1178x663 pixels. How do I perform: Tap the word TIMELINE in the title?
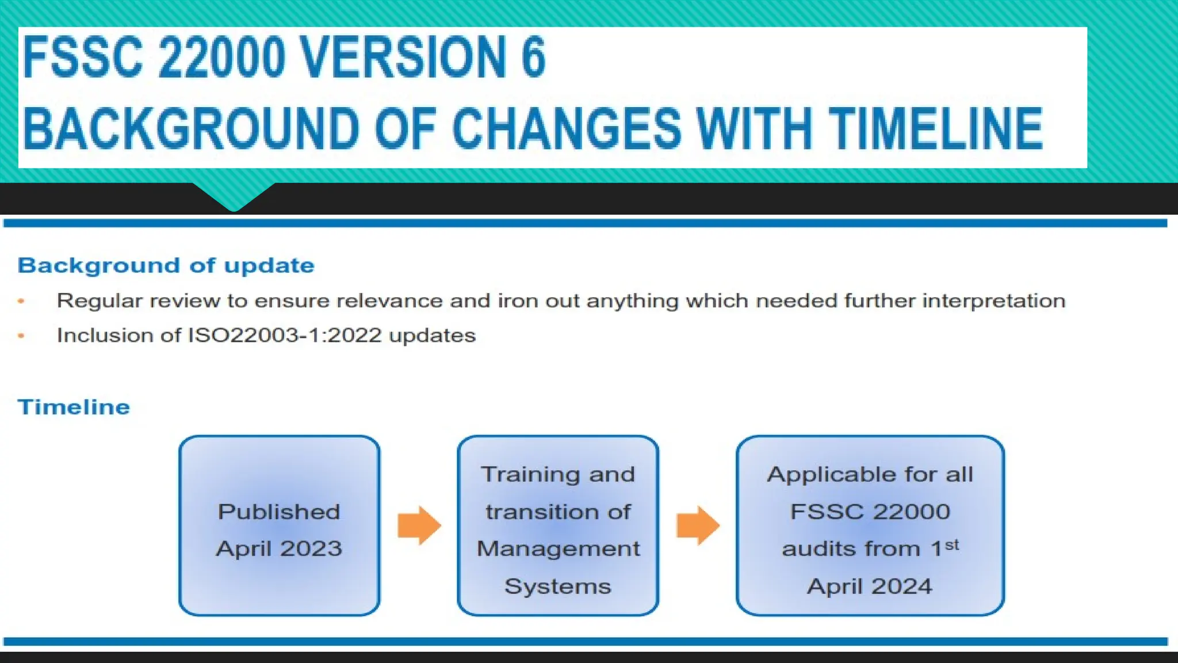click(935, 129)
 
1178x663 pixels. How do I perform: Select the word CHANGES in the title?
click(567, 129)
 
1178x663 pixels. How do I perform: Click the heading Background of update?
click(166, 265)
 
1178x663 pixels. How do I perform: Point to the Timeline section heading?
click(74, 407)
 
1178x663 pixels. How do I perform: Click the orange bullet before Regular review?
click(21, 301)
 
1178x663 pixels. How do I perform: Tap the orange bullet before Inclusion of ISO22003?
click(21, 336)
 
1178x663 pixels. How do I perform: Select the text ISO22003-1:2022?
click(285, 336)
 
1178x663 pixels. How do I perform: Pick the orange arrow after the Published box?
click(419, 525)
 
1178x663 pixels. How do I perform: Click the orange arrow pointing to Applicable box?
click(698, 525)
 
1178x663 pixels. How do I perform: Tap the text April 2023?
click(279, 548)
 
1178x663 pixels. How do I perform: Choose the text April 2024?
click(869, 586)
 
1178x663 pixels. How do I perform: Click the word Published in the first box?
click(279, 512)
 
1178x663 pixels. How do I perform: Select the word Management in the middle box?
click(558, 548)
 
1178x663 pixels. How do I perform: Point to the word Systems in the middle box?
click(557, 586)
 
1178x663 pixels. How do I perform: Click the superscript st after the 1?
click(952, 544)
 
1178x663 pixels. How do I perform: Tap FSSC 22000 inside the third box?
click(870, 512)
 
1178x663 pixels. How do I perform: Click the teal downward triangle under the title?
click(234, 196)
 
